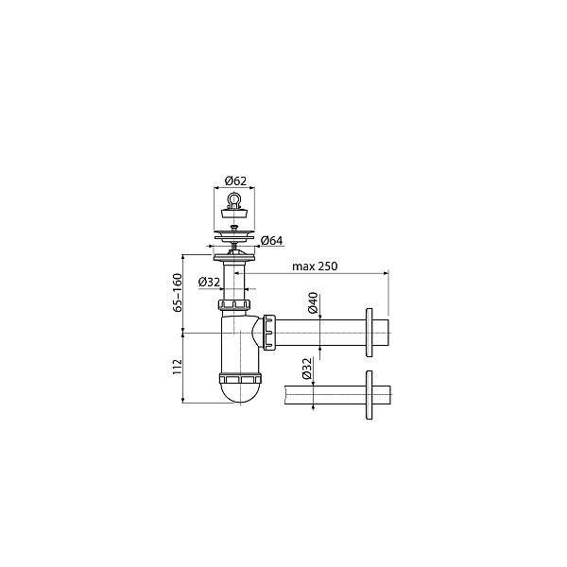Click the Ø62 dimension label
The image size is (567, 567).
point(235,180)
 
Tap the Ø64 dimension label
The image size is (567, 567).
point(271,240)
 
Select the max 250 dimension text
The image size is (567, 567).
point(315,266)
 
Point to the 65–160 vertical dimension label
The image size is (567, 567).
point(178,293)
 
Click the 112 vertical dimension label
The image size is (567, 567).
point(178,367)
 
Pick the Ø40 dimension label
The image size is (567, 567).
point(313,302)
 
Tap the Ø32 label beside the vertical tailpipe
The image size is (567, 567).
point(210,282)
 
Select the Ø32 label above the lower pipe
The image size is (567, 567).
point(306,369)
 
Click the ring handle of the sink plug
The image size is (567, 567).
point(234,198)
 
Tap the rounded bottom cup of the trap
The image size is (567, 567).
point(240,393)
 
